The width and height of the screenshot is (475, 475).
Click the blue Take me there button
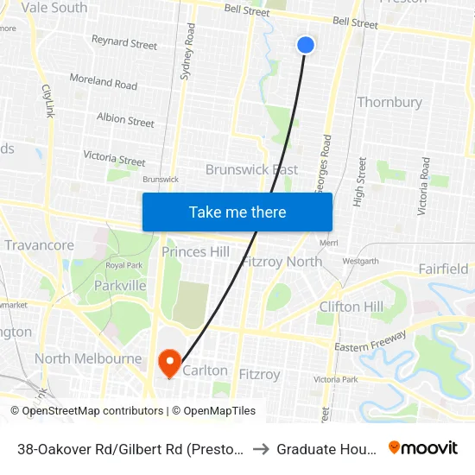tap(237, 212)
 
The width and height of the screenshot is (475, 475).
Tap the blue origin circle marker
tap(306, 45)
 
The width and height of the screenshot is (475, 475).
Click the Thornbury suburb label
tap(389, 102)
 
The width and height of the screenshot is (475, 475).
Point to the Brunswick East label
tap(251, 169)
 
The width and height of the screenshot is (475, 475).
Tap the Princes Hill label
tap(196, 251)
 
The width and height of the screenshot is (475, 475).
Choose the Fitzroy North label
tap(282, 262)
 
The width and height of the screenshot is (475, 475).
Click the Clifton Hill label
tap(351, 307)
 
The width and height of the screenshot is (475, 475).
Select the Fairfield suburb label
tap(443, 269)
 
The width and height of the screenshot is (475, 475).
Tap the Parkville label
tap(119, 285)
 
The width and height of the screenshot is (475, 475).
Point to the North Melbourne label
tap(88, 358)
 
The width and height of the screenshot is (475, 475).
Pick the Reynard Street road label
tap(124, 42)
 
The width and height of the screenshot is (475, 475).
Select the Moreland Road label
tap(104, 83)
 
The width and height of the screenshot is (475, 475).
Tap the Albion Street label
tap(125, 119)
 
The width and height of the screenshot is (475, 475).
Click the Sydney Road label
tap(188, 52)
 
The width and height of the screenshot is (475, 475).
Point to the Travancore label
tap(39, 245)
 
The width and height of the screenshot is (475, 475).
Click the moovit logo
tap(423, 447)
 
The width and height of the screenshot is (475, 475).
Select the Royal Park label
tap(123, 265)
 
